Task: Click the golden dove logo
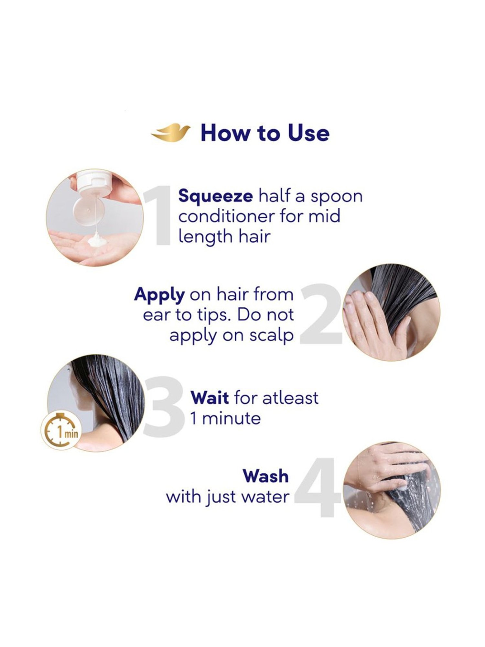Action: coord(171,133)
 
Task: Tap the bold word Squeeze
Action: coord(215,196)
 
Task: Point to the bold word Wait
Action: coord(210,398)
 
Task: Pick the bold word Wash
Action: coord(266,476)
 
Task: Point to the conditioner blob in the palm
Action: coord(96,241)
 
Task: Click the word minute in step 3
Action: coord(231,418)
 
